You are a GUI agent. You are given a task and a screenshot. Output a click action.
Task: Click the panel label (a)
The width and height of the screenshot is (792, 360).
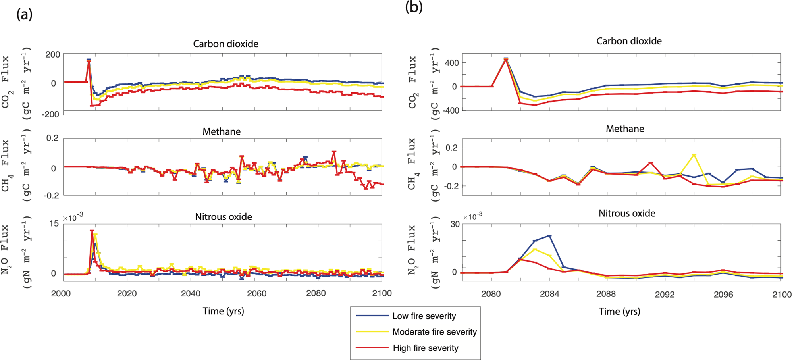coord(24,15)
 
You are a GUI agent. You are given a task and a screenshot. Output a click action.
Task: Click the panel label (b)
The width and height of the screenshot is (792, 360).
coord(414,7)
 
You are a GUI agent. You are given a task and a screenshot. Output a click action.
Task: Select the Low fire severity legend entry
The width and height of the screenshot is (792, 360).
coord(424,316)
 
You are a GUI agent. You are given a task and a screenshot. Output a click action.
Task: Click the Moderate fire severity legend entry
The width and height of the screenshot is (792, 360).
coord(434,332)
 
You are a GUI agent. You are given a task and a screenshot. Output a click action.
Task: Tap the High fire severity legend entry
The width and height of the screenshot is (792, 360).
coord(425,348)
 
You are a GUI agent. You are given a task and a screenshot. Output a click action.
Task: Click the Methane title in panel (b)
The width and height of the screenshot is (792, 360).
coord(624,129)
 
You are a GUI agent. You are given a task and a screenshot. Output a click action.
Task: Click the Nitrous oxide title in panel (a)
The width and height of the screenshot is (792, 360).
coord(224,217)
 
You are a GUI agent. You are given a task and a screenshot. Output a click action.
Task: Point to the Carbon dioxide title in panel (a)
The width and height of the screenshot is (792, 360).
coord(225,44)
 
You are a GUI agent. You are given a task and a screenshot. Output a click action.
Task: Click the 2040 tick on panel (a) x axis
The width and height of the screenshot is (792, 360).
coord(191,294)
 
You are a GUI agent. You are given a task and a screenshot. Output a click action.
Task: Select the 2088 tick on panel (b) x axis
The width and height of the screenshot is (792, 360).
coord(606,294)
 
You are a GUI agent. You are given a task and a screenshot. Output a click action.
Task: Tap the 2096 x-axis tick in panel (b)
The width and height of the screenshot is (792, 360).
coord(723,294)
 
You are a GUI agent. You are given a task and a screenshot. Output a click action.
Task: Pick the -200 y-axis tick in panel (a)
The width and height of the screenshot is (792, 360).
coord(51,114)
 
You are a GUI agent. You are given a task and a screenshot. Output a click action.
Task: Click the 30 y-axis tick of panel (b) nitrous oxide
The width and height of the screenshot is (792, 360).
coord(455,224)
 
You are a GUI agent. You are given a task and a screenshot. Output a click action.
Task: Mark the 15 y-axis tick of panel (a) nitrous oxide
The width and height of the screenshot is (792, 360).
coord(54,223)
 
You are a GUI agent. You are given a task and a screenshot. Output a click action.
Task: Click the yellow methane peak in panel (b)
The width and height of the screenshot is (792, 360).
coord(694,155)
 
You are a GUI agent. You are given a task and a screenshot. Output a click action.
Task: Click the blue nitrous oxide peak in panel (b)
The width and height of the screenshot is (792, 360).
coord(549,236)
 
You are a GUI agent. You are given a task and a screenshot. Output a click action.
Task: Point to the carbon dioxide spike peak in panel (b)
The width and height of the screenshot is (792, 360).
coord(506,59)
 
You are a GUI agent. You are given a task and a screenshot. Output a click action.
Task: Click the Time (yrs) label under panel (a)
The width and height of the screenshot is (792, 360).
coord(223,311)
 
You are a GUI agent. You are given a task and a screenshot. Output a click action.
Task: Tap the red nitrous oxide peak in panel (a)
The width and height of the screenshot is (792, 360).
coord(92,231)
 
